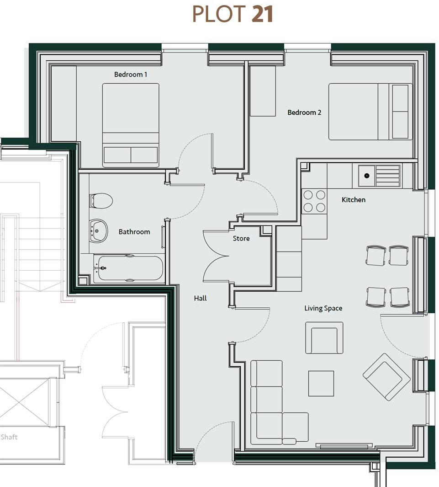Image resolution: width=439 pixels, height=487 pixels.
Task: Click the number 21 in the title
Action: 262,14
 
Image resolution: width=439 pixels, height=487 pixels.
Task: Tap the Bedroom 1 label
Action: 131,74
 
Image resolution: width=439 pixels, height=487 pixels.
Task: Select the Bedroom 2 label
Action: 304,112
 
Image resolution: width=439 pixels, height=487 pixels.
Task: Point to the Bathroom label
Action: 134,232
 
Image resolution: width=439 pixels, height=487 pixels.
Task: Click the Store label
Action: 241,238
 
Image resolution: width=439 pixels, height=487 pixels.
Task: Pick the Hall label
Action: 200,298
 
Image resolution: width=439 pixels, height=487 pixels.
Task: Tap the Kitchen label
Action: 354,200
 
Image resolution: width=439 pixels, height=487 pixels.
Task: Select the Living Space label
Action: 323,308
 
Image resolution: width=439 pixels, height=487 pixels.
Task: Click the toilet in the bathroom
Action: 102,200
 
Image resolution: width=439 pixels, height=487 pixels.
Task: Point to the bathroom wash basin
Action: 99,230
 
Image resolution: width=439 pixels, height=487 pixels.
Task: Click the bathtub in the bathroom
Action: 128,268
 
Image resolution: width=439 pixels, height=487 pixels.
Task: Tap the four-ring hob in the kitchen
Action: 314,201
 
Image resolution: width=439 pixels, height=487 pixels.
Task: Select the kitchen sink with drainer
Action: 379,176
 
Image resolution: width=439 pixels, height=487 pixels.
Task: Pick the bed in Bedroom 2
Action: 370,112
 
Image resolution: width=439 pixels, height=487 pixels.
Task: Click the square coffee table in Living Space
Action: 321,383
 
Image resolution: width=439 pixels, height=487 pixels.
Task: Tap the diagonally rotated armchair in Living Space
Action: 386,377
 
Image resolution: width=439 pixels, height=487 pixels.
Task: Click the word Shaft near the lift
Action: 9,437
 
